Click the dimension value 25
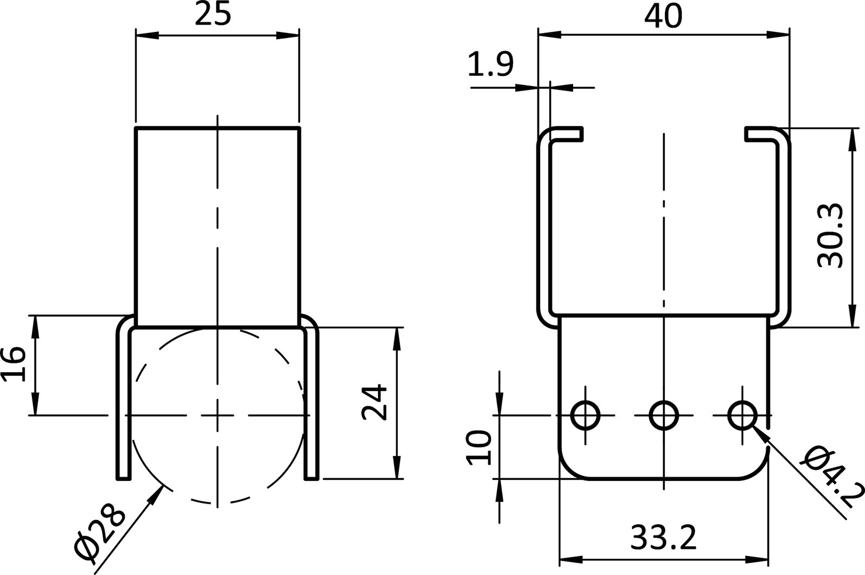click(x=213, y=15)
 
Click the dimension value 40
click(x=663, y=16)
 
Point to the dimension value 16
click(x=14, y=364)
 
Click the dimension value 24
click(x=375, y=402)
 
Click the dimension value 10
click(x=479, y=447)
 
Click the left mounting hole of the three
click(x=585, y=415)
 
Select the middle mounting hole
click(x=664, y=415)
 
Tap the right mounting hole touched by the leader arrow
click(x=742, y=415)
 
